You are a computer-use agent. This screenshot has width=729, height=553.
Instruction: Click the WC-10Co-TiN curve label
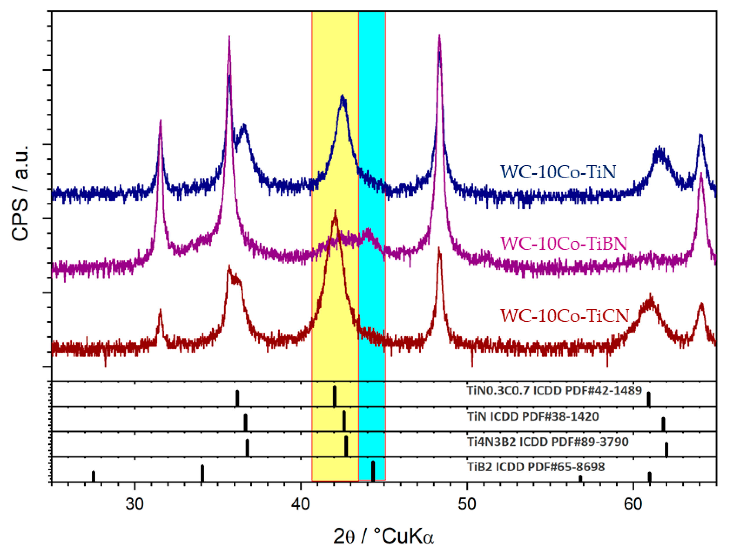coord(558,172)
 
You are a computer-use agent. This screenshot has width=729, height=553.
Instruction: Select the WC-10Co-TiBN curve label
coord(564,244)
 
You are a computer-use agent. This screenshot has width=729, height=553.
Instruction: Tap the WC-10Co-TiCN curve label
coord(564,316)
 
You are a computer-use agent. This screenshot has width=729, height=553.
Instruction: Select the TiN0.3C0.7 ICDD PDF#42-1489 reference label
coord(554,390)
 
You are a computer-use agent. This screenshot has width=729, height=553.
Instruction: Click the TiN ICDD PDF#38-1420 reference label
coord(533,416)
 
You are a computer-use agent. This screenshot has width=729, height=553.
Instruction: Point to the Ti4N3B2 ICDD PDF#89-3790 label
coord(547,441)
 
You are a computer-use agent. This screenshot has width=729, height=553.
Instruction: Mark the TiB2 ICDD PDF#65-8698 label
coord(536,467)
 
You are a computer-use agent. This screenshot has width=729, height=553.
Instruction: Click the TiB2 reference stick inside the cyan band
coord(373,471)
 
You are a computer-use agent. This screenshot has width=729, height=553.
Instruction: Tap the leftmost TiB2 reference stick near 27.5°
coord(93,476)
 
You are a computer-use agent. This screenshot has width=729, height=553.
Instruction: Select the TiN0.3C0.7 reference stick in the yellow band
coord(335,396)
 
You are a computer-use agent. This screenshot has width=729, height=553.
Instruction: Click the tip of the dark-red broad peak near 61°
coord(650,295)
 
